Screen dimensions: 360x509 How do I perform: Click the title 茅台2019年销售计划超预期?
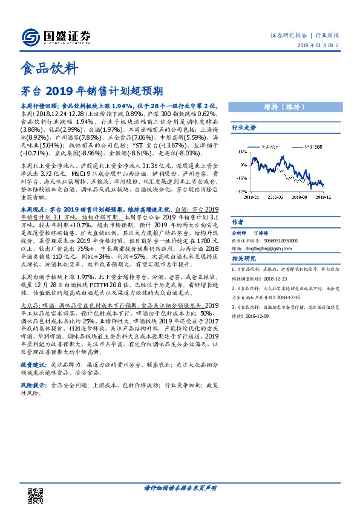[x=91, y=91]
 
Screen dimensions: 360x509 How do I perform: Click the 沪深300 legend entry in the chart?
[x=309, y=146]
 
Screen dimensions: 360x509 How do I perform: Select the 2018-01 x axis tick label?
[x=253, y=196]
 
